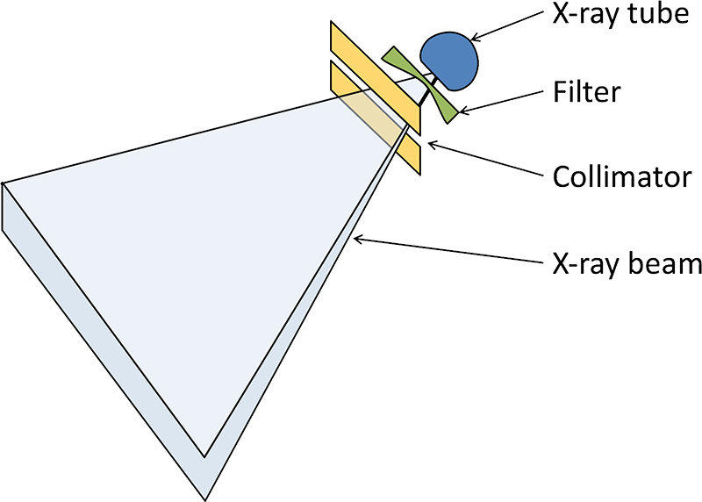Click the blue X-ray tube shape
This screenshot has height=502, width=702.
click(x=449, y=60)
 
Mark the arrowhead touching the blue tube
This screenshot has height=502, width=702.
click(x=474, y=38)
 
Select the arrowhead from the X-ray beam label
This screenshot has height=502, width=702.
click(x=356, y=237)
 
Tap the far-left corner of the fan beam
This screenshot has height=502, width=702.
click(x=5, y=183)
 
